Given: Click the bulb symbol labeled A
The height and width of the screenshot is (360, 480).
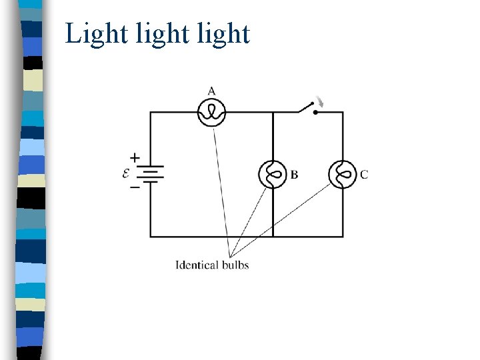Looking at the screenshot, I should [212, 112].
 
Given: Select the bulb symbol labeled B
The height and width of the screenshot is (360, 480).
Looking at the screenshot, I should [273, 175].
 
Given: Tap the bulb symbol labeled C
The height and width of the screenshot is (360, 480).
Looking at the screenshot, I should [343, 175].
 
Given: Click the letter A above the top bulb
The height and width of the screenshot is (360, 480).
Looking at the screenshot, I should [211, 91].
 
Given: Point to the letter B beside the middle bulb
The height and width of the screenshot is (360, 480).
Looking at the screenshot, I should [294, 175].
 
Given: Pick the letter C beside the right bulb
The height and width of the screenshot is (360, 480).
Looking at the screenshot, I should [364, 175].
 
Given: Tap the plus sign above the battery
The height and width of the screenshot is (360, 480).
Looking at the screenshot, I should [135, 158].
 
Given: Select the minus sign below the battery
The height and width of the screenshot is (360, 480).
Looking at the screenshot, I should [135, 188].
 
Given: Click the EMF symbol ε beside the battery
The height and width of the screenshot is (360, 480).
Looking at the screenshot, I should [126, 173].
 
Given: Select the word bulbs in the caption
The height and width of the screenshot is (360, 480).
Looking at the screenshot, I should [235, 265].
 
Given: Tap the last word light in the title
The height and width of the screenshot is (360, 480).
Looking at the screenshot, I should [223, 33].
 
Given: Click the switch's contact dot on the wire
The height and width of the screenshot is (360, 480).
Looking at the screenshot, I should [315, 112].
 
